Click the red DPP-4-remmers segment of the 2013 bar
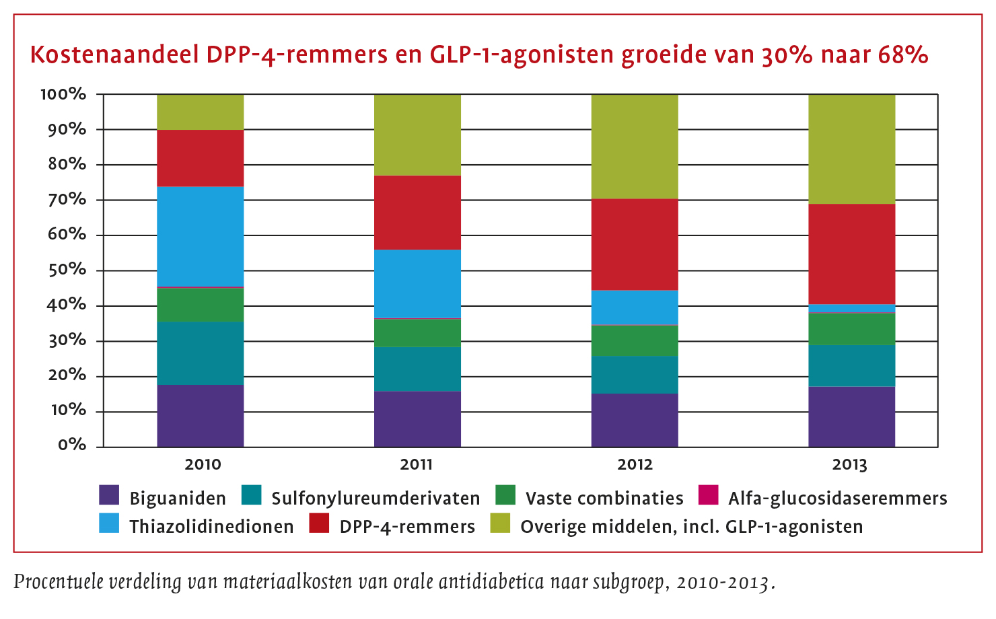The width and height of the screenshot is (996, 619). tap(851, 254)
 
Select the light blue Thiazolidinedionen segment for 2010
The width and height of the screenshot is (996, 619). tap(201, 236)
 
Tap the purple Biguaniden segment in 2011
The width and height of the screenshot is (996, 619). tap(417, 418)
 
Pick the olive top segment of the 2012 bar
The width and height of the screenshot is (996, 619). tap(635, 146)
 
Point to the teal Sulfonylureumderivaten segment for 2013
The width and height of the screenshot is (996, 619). tap(851, 365)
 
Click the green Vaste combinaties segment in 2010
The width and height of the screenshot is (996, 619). tap(201, 305)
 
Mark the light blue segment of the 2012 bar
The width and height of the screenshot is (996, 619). tap(635, 307)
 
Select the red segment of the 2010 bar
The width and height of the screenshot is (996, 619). tap(201, 158)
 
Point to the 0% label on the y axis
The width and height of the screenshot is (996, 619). tap(72, 445)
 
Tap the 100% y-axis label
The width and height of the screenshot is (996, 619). tap(63, 94)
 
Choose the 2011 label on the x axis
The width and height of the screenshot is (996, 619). tap(417, 464)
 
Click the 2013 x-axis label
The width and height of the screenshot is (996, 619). tap(850, 464)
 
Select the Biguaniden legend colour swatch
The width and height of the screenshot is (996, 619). tap(109, 495)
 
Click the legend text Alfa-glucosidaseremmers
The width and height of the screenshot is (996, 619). tap(837, 499)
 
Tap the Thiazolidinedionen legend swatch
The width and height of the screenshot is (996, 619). tap(109, 523)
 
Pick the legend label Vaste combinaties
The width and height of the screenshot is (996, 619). tap(604, 499)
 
